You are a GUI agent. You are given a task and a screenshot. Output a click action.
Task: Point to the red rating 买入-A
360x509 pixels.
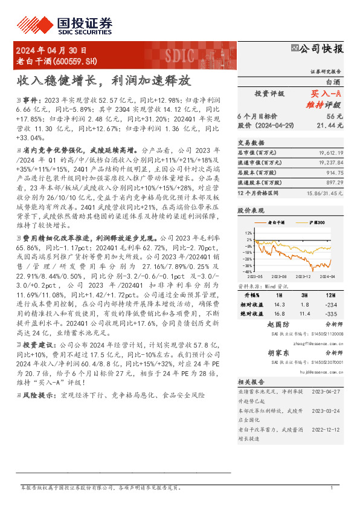[326, 94]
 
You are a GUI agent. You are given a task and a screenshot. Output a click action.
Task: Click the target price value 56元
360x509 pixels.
[335, 115]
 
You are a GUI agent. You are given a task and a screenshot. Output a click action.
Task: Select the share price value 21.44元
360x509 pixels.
[332, 125]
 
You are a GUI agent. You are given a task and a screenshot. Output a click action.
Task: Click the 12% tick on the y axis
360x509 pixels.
[248, 233]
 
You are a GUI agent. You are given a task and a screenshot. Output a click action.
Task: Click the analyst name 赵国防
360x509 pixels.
[278, 324]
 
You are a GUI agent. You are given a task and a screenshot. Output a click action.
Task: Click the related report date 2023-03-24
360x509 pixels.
[330, 410]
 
